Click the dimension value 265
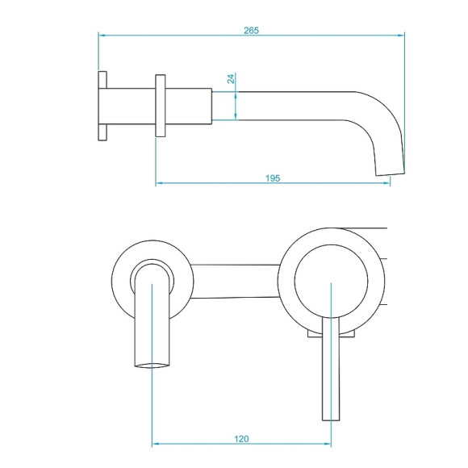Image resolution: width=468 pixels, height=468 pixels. coord(250,30)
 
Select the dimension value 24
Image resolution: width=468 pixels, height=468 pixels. coord(231,79)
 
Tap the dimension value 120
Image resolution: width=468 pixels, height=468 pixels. coord(241,439)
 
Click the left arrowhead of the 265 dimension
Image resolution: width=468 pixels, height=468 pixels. coord(102,35)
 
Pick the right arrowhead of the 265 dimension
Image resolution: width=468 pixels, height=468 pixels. coord(401,35)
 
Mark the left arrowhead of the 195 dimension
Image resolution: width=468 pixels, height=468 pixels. coord(159,183)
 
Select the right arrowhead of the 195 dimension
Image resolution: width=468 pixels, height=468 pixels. coord(387,183)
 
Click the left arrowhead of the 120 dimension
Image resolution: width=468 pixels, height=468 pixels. coord(156,445)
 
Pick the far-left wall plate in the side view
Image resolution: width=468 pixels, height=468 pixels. coord(102,107)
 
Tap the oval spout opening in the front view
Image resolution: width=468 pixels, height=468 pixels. coord(153,366)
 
